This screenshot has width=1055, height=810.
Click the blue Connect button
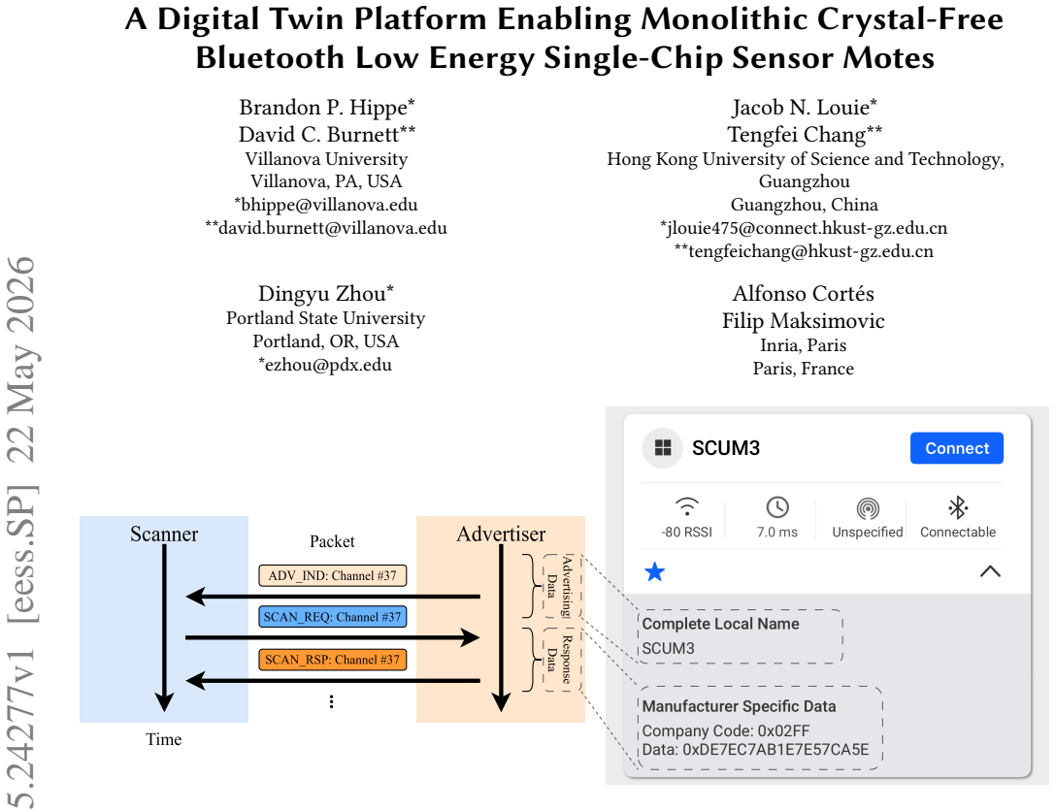(957, 448)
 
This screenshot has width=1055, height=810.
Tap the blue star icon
(655, 571)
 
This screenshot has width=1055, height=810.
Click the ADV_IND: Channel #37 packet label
(332, 576)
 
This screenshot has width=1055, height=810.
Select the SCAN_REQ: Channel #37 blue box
(332, 617)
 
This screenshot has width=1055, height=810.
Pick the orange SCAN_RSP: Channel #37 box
(332, 660)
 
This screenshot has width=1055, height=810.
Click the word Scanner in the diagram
(164, 535)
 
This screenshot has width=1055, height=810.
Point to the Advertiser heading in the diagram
(501, 535)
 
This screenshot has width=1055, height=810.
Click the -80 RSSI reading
(687, 533)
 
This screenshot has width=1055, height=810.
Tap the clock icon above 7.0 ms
(777, 507)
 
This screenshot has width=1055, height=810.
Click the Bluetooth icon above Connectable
(958, 507)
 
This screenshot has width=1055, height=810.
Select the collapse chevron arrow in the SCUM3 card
(990, 571)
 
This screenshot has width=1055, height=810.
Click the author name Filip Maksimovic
(804, 320)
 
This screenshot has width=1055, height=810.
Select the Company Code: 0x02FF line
(726, 730)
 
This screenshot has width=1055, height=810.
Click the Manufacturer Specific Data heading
(740, 706)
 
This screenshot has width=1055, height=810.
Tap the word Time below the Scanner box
(163, 739)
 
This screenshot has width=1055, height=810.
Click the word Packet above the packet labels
(332, 541)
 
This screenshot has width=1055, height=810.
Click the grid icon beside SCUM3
(663, 448)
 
